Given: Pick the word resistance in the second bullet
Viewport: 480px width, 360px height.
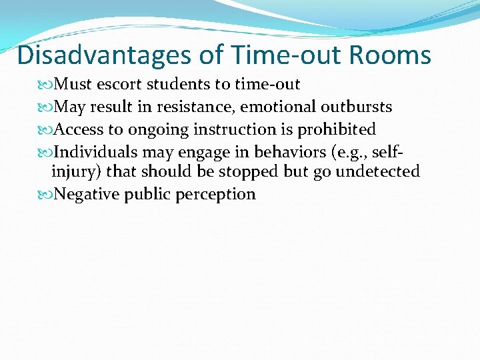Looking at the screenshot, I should (193, 107).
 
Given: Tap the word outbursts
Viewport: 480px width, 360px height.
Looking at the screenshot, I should (356, 107).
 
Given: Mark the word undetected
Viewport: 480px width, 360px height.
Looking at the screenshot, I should (377, 172).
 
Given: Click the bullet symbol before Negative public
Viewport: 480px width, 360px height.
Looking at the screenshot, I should (46, 195).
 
